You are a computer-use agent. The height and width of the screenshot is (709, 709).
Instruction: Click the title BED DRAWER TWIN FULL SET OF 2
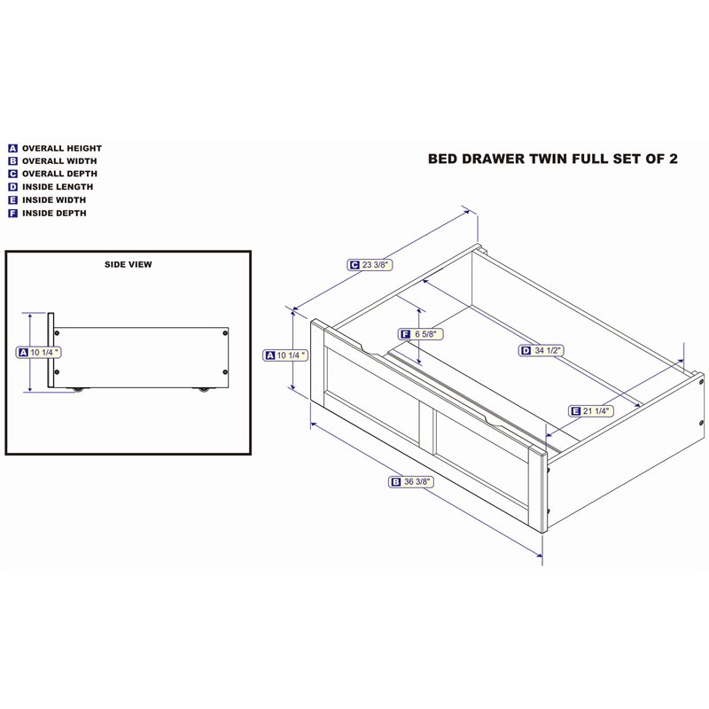552,159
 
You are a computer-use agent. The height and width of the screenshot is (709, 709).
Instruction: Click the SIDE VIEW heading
129,264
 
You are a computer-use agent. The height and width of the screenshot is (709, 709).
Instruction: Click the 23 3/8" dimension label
370,265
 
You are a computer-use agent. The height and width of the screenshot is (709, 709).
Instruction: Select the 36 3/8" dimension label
411,482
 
